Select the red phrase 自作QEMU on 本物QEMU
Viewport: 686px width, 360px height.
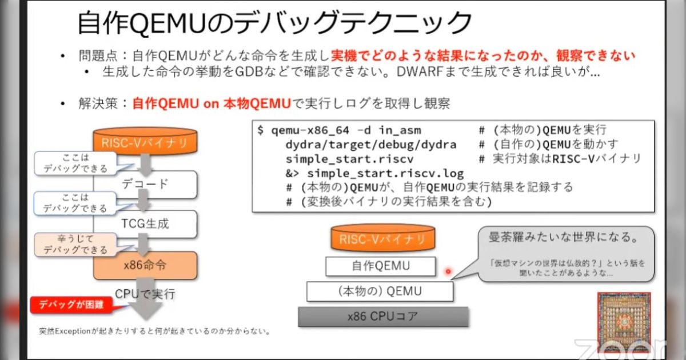[x=210, y=103]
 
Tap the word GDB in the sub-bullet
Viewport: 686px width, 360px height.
[x=247, y=73]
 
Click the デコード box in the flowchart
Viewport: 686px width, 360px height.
[x=145, y=184]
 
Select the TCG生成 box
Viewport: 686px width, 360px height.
[x=145, y=223]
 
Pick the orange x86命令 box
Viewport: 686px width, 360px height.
[x=145, y=266]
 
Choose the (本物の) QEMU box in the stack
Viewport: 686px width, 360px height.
[x=380, y=291]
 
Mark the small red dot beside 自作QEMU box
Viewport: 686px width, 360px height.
[x=448, y=271]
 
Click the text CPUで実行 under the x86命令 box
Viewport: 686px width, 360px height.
[x=145, y=294]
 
